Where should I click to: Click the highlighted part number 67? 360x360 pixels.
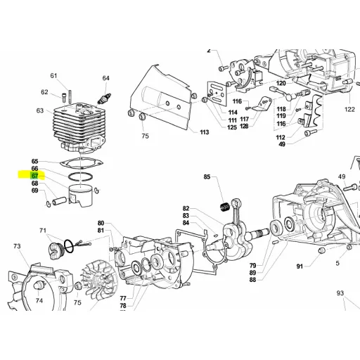pyautogui.click(x=34, y=176)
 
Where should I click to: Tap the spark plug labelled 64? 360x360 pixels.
pyautogui.click(x=104, y=99)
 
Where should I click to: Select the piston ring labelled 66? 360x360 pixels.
pyautogui.click(x=81, y=176)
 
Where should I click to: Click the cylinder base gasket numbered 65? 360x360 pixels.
pyautogui.click(x=82, y=163)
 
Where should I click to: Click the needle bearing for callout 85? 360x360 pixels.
pyautogui.click(x=226, y=207)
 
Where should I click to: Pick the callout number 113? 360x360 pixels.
pyautogui.click(x=204, y=132)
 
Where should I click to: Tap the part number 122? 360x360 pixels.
pyautogui.click(x=349, y=109)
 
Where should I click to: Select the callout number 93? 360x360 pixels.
pyautogui.click(x=340, y=292)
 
